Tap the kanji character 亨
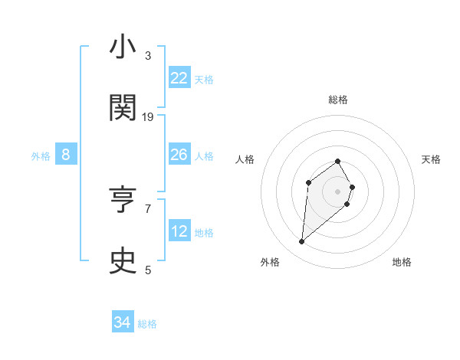pos(123,200)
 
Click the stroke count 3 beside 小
pos(148,55)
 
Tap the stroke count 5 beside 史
pos(148,270)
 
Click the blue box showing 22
pos(179,78)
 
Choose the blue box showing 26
pos(179,155)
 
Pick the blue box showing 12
pos(179,231)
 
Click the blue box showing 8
pos(66,155)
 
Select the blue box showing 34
pos(123,322)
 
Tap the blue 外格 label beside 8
pos(41,156)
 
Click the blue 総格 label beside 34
pos(147,324)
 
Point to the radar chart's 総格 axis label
pos(338,100)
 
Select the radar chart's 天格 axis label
pos(431,159)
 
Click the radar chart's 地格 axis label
pos(402,262)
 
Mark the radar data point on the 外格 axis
pos(302,242)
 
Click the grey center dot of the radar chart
pos(338,191)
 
